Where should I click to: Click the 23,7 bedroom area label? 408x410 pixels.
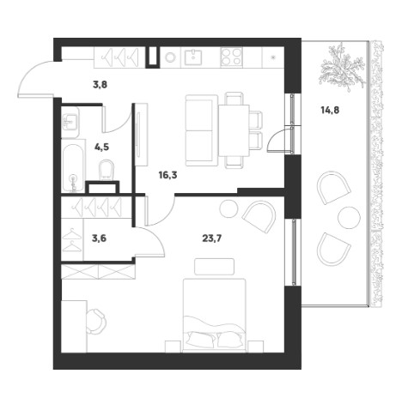212,238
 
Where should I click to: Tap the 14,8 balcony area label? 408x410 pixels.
330,110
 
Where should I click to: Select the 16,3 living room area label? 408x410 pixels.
167,175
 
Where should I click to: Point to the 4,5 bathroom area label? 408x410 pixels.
101,148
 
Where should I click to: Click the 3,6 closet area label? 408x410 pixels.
99,238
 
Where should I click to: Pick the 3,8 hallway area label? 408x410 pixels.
100,85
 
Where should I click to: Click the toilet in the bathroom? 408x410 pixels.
107,170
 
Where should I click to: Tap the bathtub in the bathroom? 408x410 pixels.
73,168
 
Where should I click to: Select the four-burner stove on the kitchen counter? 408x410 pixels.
231,57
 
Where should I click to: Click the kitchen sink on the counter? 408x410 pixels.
193,57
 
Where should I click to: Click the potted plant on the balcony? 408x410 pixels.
343,68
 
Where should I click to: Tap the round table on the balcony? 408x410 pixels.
349,217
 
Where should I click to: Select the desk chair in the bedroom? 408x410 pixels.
95,321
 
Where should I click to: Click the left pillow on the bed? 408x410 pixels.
201,339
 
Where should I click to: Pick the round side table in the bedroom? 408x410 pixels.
228,208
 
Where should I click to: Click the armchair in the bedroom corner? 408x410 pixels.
259,216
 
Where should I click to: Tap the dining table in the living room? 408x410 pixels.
234,130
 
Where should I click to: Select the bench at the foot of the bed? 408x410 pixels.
214,267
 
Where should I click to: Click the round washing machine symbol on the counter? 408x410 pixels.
170,57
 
